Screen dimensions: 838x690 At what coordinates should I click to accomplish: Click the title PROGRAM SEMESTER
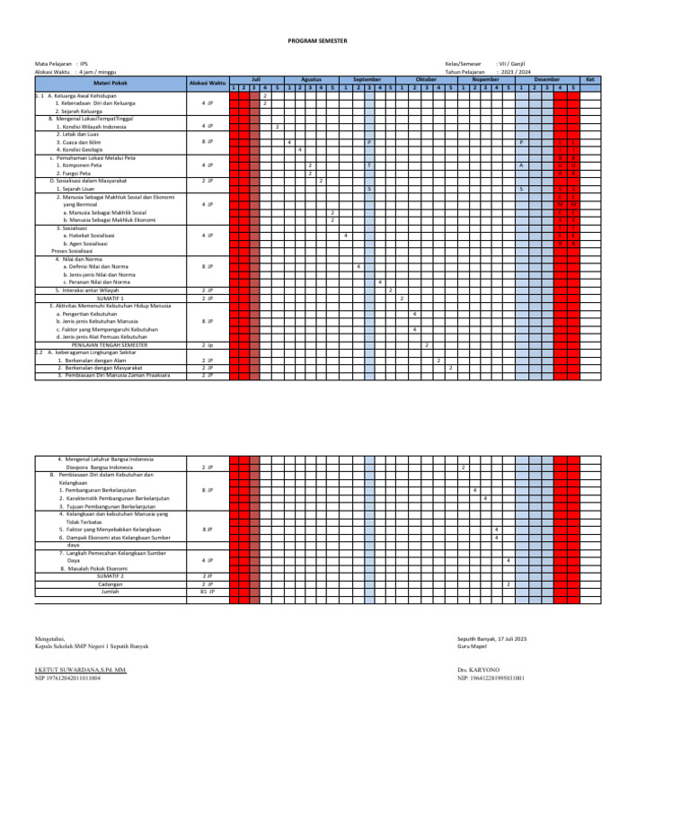tap(316, 41)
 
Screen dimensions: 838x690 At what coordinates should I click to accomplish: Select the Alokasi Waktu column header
tap(207, 83)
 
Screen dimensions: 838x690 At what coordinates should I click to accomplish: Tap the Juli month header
tap(256, 79)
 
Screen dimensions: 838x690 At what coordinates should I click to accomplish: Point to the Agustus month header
tap(311, 79)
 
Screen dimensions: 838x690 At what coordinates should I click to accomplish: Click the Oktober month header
tap(426, 79)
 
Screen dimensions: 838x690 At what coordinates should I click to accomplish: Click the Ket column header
tap(590, 79)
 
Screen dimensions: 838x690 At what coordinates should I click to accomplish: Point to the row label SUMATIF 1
tap(111, 272)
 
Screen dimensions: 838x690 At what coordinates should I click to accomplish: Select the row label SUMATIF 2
tap(111, 575)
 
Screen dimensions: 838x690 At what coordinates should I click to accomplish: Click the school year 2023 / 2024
tap(516, 71)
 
